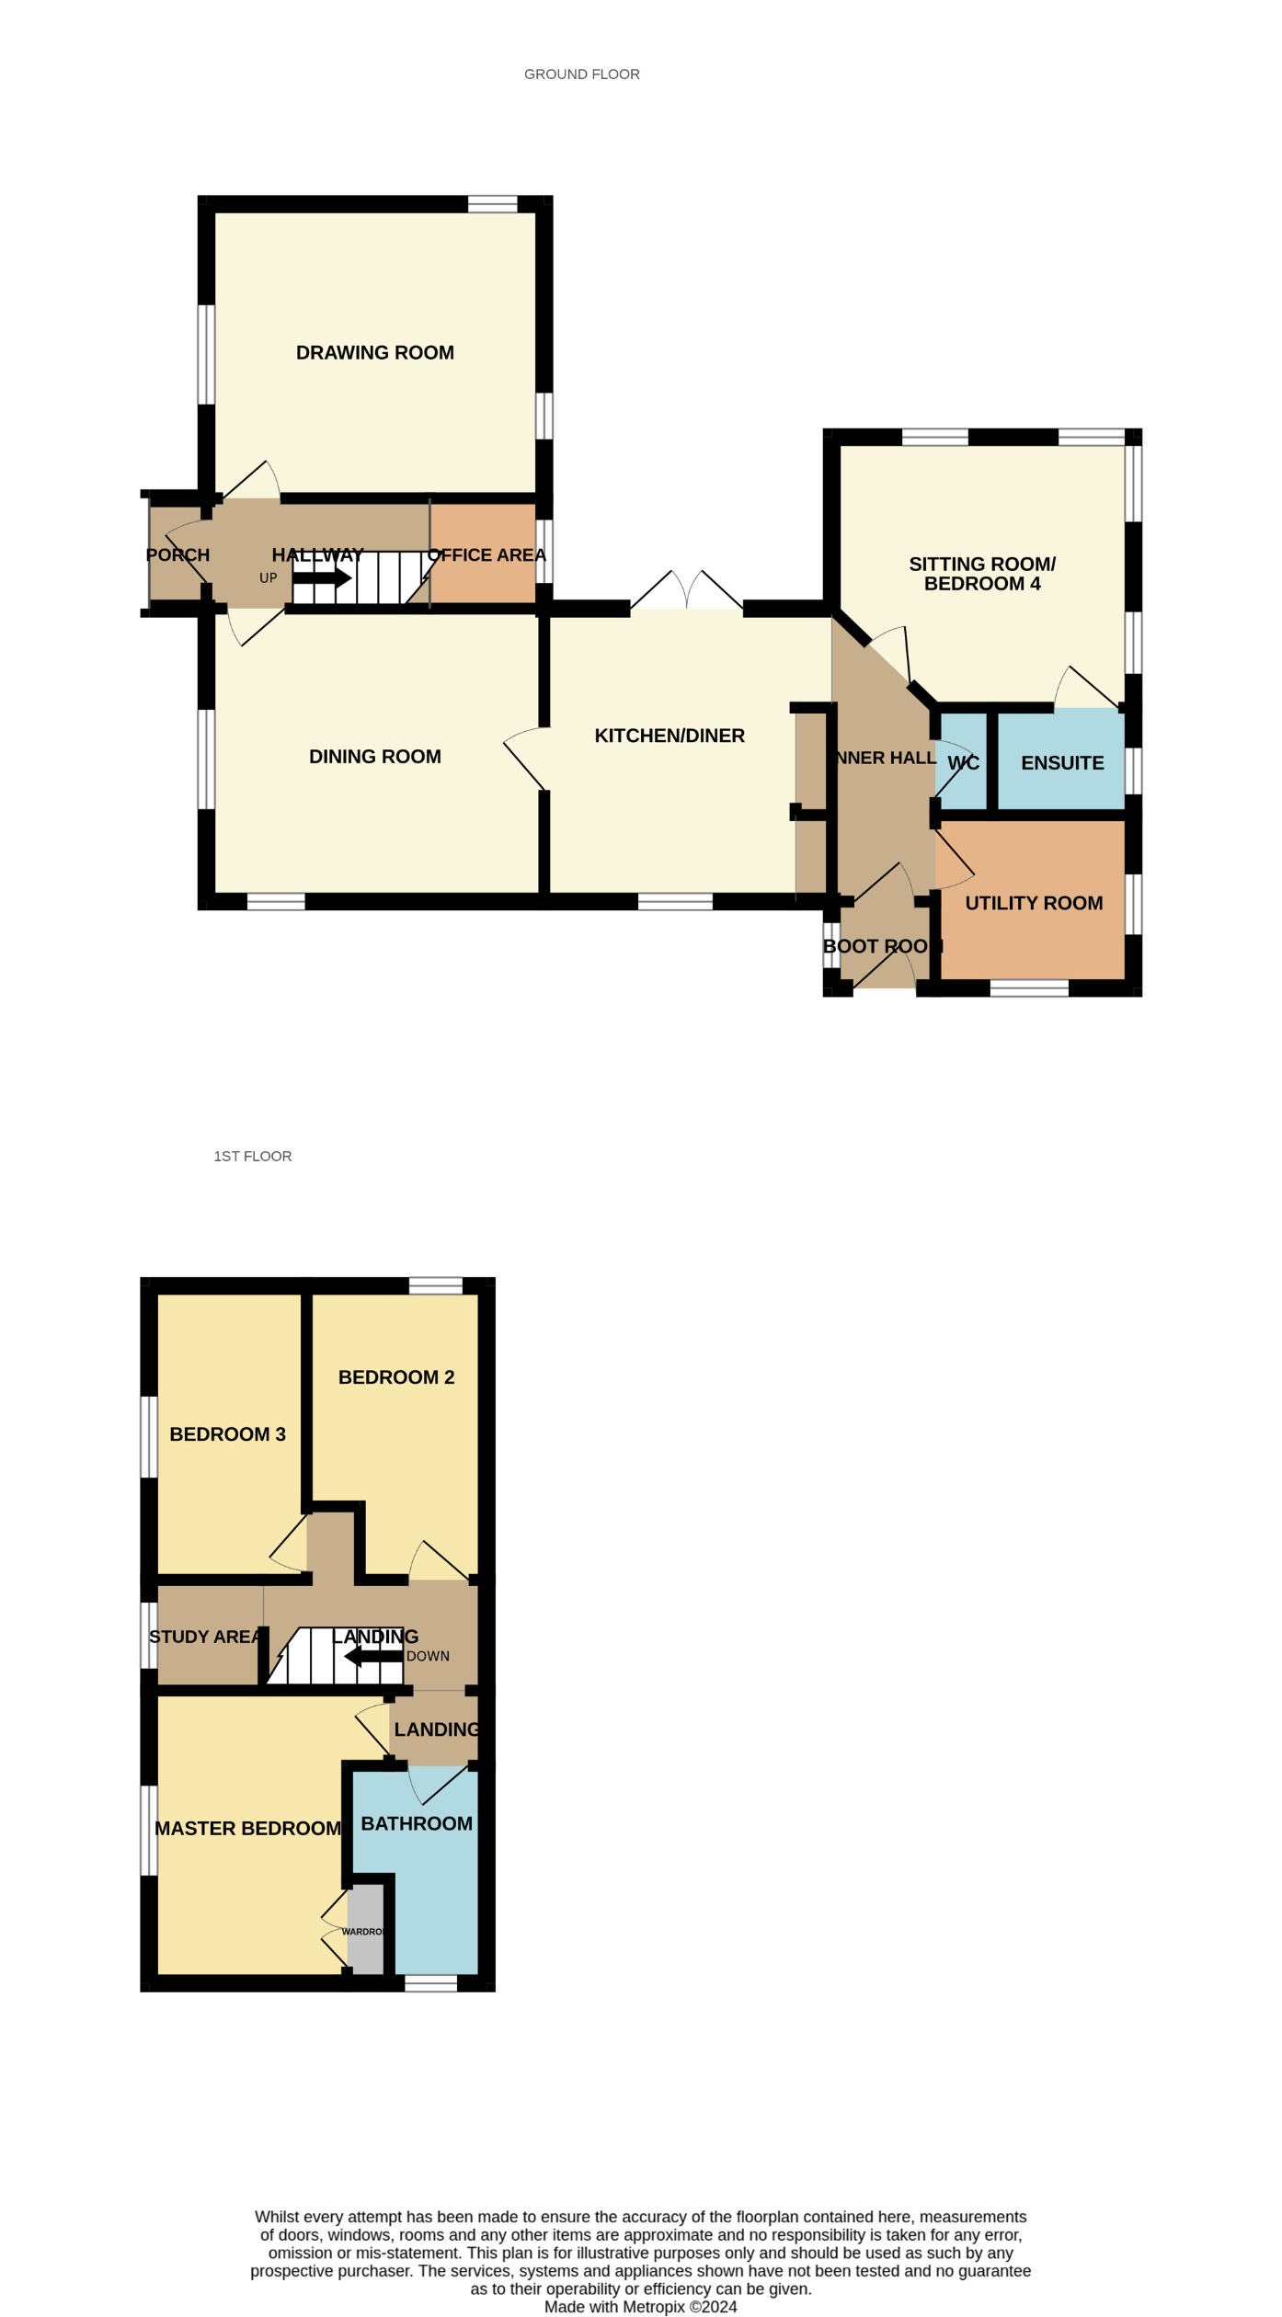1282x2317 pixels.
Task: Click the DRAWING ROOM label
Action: pos(374,353)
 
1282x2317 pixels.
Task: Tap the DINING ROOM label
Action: pos(374,757)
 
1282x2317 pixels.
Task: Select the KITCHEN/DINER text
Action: pos(670,736)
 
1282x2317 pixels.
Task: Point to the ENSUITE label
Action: pos(1062,763)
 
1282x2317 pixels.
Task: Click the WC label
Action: pos(963,763)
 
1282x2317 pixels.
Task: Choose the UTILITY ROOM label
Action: pos(1034,903)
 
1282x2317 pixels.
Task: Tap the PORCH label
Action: pos(177,555)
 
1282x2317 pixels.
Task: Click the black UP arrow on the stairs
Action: pos(321,578)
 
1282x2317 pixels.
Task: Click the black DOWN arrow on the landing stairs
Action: pos(373,1657)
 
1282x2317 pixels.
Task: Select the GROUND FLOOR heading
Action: pos(581,74)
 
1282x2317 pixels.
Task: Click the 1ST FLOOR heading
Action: pos(253,1157)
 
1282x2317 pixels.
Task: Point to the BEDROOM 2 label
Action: pos(396,1377)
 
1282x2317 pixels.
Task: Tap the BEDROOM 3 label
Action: pos(227,1434)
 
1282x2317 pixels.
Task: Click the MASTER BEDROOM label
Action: pos(247,1829)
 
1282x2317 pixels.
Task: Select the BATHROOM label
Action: pos(417,1824)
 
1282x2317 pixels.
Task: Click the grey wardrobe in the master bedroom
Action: pos(365,1931)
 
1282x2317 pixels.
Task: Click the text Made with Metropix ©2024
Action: pos(640,2307)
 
